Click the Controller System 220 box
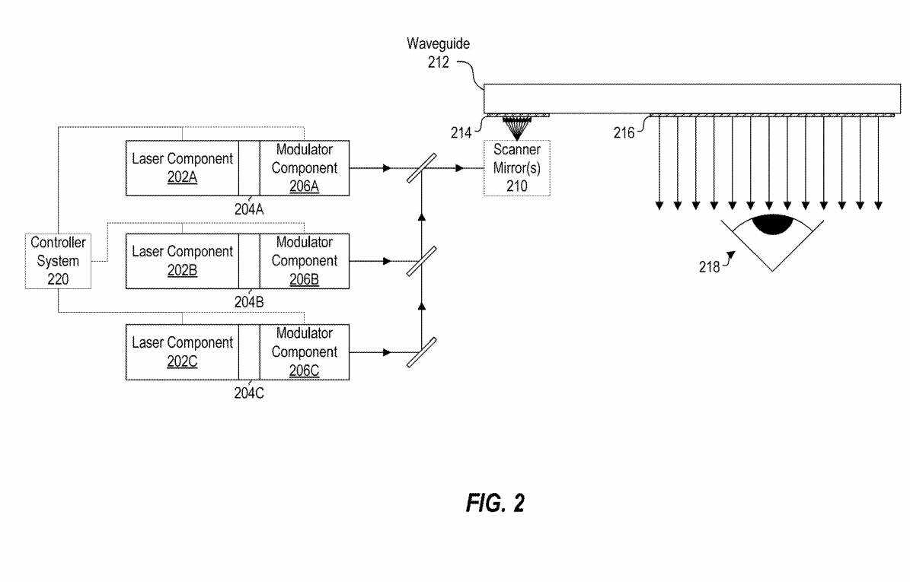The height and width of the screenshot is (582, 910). (x=58, y=261)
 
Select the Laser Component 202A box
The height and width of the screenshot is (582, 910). (x=182, y=168)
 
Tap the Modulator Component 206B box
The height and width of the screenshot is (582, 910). (x=305, y=261)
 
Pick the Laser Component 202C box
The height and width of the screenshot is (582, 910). (x=182, y=352)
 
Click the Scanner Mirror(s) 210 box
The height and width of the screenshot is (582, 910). (x=517, y=168)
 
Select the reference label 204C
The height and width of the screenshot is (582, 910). (x=249, y=393)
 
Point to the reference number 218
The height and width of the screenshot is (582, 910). (x=710, y=266)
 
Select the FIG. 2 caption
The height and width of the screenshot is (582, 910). (x=495, y=504)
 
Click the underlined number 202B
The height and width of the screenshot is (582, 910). (x=182, y=270)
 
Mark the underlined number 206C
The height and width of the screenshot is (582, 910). (x=305, y=371)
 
